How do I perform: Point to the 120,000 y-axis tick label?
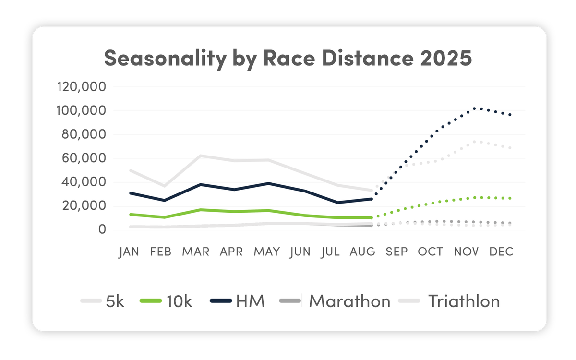click(x=82, y=87)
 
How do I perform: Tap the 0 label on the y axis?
click(x=102, y=230)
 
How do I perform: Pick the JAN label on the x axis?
click(x=129, y=252)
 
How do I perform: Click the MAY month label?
click(x=266, y=252)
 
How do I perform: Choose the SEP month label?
click(x=397, y=252)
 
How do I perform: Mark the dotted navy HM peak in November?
click(x=474, y=108)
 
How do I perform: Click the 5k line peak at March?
click(x=200, y=156)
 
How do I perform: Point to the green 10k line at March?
click(x=200, y=210)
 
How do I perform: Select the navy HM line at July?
click(x=338, y=203)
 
